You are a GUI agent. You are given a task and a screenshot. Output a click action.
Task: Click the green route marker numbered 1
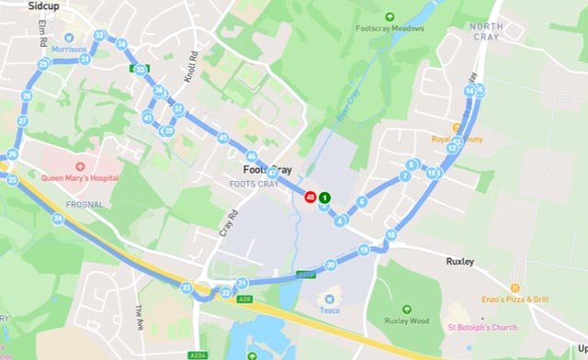coord(325,197)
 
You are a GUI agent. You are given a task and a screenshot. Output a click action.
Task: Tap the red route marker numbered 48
coord(311,197)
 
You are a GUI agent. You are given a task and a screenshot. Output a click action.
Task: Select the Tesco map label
coord(328,309)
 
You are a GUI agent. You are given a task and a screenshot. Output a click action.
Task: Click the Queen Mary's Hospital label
coord(79,177)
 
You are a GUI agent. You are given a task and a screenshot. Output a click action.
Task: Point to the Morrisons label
coord(70,50)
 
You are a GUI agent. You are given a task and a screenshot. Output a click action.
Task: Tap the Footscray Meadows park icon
coord(390,16)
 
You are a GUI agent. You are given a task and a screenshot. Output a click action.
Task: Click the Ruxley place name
coord(459,262)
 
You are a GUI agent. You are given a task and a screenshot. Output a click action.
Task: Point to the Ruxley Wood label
coord(407,321)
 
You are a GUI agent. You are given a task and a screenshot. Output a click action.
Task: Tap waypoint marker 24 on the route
coord(58,219)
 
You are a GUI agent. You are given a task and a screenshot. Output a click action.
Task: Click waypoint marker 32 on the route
coord(99,36)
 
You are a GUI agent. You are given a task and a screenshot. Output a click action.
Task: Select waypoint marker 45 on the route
coord(223,138)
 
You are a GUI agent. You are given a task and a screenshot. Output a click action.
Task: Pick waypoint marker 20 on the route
coord(331,264)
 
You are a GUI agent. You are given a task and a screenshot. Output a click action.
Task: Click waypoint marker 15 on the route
coord(364,250)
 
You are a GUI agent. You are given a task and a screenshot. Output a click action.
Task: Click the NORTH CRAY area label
coord(486,31)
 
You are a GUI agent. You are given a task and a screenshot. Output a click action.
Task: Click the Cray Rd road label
coord(227,220)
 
